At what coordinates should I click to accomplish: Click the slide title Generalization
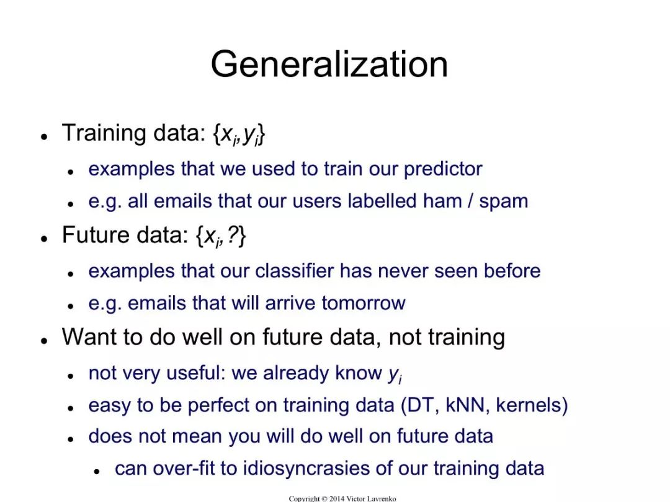(329, 65)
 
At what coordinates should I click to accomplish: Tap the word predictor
(443, 169)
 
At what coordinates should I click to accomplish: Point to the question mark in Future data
(233, 235)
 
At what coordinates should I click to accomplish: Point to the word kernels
(528, 405)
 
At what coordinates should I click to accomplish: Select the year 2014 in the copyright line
(337, 498)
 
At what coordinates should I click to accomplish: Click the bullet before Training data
(43, 136)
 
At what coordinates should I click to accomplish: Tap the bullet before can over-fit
(97, 472)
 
